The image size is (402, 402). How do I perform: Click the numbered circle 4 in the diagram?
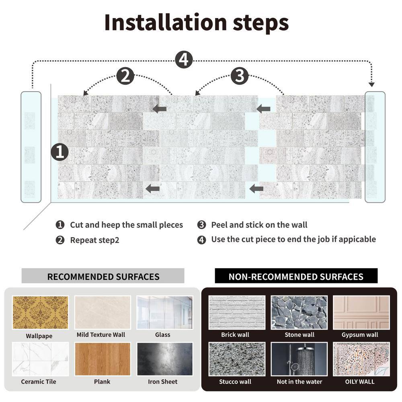[184, 60]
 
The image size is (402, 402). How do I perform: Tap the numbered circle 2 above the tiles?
[125, 76]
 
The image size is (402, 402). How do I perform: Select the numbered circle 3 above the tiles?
[240, 76]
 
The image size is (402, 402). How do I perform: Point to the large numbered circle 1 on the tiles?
[59, 152]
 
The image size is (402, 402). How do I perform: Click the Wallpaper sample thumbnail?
[40, 312]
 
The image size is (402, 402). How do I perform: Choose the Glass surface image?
[164, 312]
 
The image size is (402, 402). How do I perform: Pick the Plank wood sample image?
[103, 359]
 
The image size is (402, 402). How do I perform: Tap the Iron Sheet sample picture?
[164, 359]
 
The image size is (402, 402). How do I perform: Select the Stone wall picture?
[299, 312]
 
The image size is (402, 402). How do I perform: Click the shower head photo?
[299, 359]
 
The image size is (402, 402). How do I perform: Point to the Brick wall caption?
[235, 334]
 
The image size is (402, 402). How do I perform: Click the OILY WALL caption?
[360, 381]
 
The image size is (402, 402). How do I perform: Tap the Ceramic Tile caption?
[39, 381]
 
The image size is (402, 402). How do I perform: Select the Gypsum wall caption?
[360, 334]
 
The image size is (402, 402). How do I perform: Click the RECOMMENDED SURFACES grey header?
[103, 276]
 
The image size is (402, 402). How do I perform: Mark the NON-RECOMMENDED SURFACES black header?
[296, 276]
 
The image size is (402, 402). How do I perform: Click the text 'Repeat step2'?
[94, 240]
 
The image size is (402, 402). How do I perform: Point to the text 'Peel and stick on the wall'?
[259, 225]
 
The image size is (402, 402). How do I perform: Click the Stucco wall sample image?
[237, 359]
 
